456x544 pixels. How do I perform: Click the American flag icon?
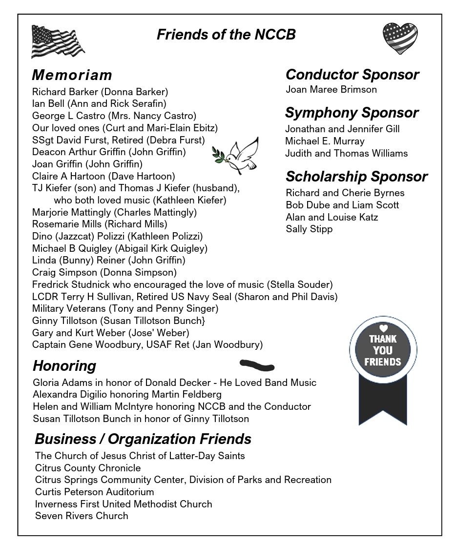[58, 42]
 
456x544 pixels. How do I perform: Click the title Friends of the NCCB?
[226, 35]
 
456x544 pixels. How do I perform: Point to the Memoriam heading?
[72, 75]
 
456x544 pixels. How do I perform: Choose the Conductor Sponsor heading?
[352, 75]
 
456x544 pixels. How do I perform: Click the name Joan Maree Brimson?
[331, 90]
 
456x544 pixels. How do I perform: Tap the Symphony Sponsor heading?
[352, 113]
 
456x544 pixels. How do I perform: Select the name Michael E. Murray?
[325, 141]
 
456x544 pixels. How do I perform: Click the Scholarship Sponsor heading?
[356, 176]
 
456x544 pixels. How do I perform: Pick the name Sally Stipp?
[309, 229]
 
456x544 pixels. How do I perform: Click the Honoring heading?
[64, 366]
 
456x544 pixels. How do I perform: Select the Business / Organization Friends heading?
[143, 439]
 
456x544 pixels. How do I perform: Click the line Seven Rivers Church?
[82, 516]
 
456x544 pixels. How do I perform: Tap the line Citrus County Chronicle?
[88, 468]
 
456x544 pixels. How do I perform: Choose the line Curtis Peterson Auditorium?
[95, 492]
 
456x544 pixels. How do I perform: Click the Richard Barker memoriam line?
[100, 92]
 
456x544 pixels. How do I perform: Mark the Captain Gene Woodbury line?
[147, 345]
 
